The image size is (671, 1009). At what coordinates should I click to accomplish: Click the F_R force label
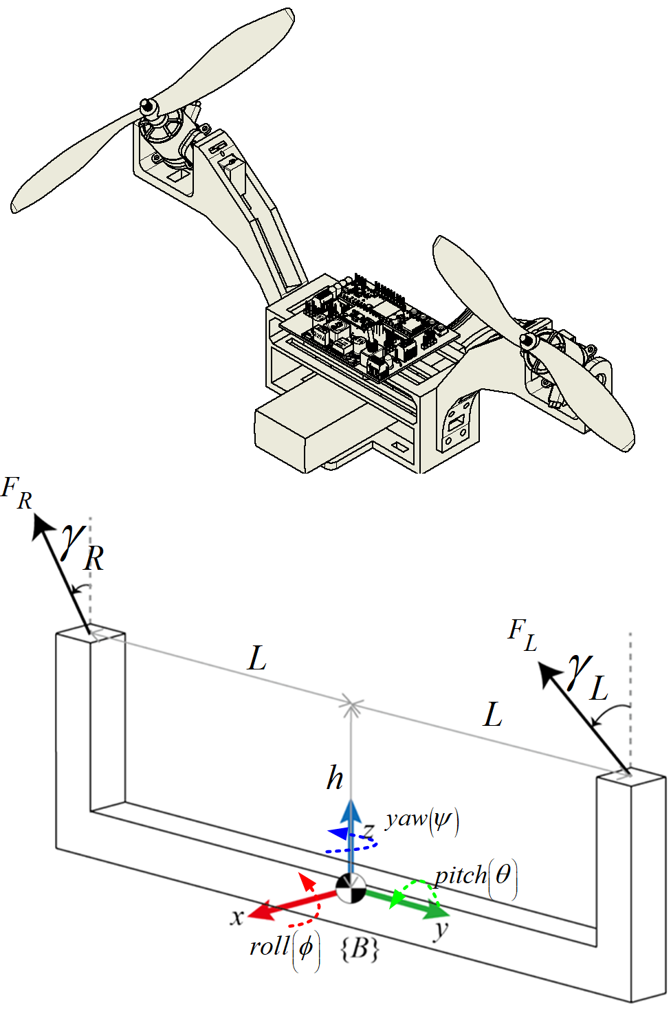tap(17, 493)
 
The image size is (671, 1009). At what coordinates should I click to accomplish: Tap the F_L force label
tap(522, 634)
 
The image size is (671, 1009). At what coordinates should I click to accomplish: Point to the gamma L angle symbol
tap(588, 678)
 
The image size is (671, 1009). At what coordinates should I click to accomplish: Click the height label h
tap(335, 777)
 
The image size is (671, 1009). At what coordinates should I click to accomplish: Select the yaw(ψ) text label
tap(421, 819)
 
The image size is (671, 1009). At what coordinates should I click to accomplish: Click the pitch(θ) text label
tap(475, 876)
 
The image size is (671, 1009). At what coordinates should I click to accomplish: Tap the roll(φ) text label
tap(284, 948)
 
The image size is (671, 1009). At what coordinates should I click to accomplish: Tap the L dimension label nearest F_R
tap(256, 658)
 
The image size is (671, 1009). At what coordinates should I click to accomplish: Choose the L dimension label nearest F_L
tap(492, 715)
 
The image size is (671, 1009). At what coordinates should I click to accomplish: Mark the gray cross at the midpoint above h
tap(351, 705)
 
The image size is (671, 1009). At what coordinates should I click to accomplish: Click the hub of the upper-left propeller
tap(146, 107)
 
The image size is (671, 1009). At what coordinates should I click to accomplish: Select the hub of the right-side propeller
tap(529, 340)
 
